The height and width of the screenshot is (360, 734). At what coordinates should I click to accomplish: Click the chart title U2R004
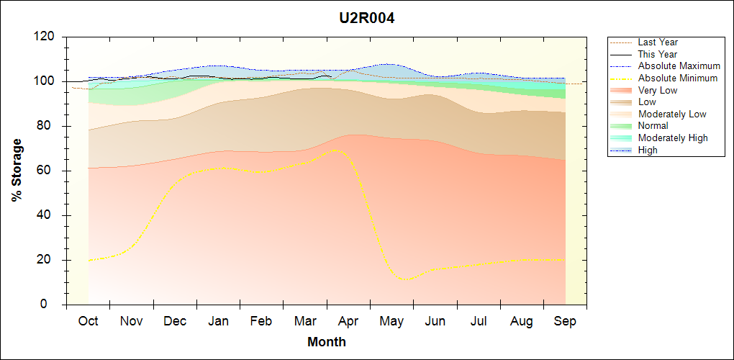[x=367, y=18]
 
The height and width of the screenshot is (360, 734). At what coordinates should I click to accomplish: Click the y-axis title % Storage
[x=17, y=174]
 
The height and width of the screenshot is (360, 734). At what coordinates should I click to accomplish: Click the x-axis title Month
[x=327, y=342]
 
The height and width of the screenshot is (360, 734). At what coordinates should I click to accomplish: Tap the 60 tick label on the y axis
[x=48, y=171]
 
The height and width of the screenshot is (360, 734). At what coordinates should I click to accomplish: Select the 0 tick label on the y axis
[x=54, y=305]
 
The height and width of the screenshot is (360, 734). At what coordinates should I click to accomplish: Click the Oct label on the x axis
[x=88, y=321]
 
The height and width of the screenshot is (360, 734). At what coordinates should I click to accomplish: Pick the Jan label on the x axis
[x=218, y=321]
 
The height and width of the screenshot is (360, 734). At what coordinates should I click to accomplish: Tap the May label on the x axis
[x=391, y=321]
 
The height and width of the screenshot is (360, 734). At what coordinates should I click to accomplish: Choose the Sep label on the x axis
[x=565, y=321]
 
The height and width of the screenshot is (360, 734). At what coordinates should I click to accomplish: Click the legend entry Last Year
[x=658, y=42]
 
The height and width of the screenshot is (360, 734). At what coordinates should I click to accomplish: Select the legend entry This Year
[x=658, y=54]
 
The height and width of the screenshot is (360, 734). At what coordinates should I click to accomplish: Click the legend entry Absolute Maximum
[x=679, y=66]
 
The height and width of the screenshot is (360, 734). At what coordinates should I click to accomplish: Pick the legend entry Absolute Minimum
[x=678, y=78]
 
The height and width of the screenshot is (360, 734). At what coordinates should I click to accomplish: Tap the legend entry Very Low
[x=658, y=90]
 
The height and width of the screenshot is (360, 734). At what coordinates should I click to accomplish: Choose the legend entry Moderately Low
[x=672, y=114]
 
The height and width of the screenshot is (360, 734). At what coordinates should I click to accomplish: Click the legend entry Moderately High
[x=673, y=138]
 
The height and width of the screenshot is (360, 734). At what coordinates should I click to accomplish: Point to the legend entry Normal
[x=653, y=126]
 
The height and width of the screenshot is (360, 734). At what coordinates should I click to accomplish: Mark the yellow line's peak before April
[x=335, y=150]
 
